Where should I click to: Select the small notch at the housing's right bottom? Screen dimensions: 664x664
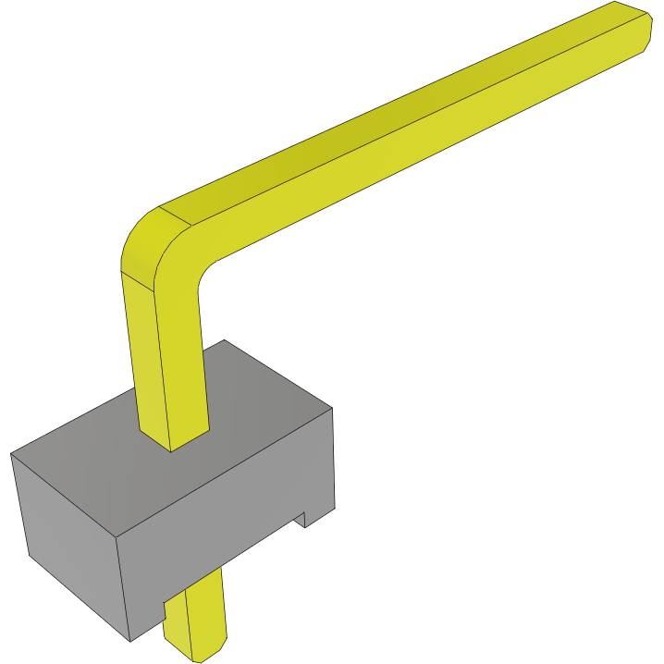302,521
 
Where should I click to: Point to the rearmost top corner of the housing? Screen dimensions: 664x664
224,340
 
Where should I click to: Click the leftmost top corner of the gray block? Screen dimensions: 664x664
12,453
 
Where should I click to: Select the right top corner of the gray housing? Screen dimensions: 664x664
332,407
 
